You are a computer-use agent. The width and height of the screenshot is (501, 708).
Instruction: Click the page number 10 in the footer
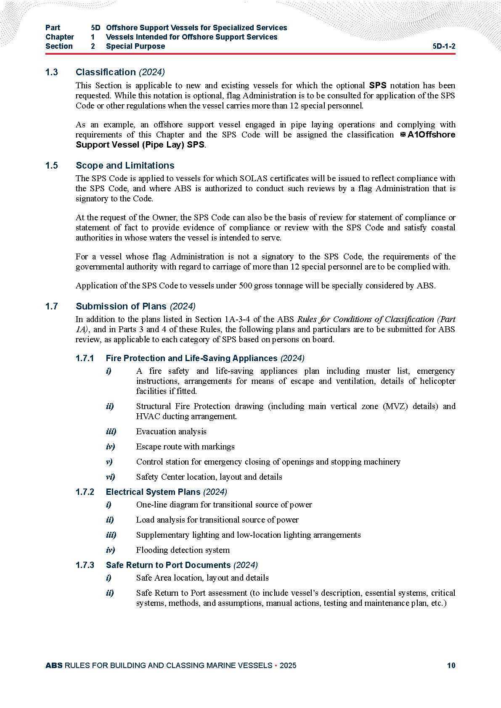point(451,666)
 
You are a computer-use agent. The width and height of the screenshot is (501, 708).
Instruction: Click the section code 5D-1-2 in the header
point(444,46)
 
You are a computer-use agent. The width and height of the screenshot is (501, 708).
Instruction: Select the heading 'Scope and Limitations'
point(125,165)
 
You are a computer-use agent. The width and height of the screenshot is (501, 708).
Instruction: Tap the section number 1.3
point(52,72)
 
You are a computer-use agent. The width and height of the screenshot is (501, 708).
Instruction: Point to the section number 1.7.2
point(85,492)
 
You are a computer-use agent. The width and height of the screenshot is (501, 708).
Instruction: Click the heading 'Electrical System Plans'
point(153,492)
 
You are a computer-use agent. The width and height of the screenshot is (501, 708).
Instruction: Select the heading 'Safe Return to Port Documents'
point(168,565)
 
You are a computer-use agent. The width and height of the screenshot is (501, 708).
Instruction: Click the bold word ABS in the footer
point(54,666)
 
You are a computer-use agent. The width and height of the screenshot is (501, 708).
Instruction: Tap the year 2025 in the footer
point(288,666)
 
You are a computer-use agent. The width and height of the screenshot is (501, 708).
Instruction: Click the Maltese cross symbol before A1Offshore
point(403,135)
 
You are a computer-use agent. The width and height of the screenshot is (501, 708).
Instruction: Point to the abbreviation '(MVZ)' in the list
point(395,406)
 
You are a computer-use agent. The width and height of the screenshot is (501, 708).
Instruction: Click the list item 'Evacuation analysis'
point(171,431)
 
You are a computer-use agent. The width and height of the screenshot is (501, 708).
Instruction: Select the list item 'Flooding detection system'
point(183,550)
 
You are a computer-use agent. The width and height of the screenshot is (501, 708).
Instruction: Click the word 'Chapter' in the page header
point(60,37)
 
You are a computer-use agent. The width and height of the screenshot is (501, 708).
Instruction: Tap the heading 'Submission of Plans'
point(121,306)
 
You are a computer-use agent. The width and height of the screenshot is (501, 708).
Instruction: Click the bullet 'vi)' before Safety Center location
point(110,477)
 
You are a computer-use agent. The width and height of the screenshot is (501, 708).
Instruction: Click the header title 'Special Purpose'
point(135,46)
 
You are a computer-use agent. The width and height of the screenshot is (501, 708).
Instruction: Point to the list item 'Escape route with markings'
point(186,446)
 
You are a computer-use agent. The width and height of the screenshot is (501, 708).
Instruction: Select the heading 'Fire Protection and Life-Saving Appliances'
point(191,358)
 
